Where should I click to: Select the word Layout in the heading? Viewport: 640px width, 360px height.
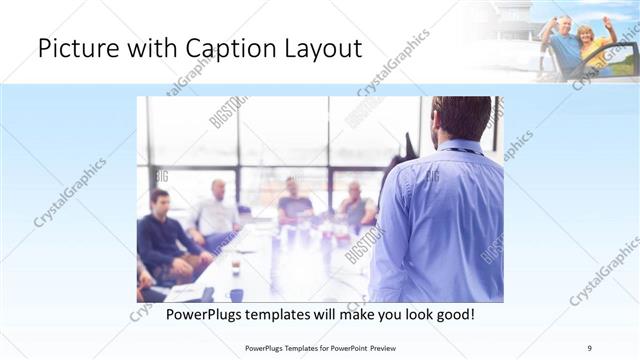(x=320, y=49)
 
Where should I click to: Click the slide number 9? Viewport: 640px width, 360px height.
(x=590, y=347)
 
